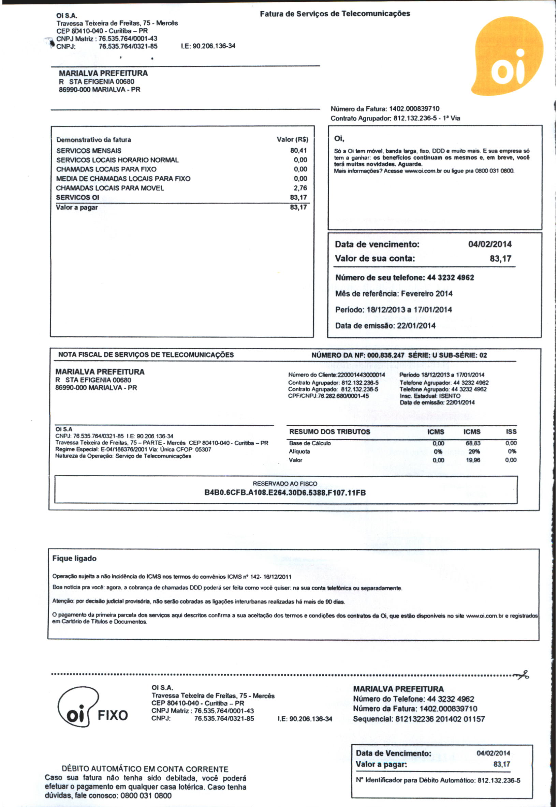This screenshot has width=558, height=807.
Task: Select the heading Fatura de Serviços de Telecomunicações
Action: tap(335, 14)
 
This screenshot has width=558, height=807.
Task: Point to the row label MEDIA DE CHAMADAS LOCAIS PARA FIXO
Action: tap(123, 179)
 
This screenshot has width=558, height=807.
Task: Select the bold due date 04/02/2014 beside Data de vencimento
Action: tap(489, 244)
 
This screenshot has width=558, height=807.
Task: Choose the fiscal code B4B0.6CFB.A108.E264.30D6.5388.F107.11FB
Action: tap(285, 493)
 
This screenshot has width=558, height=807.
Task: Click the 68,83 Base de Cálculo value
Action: tap(473, 443)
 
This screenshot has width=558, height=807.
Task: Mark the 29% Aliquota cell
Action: tap(474, 451)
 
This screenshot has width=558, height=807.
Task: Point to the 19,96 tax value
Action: tap(473, 460)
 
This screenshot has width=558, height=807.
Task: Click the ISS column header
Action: tap(511, 432)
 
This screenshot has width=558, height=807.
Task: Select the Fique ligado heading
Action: tap(74, 558)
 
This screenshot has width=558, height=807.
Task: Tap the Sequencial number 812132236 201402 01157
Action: tap(440, 719)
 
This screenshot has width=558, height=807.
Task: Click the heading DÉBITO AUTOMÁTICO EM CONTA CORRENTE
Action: tap(145, 769)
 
